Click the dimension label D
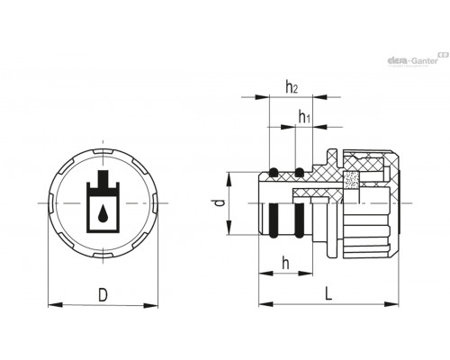103,294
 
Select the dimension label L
328,293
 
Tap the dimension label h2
292,87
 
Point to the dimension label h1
304,116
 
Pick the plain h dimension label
286,264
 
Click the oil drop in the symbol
103,213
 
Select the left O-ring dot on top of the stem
273,173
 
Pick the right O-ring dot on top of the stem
299,173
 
